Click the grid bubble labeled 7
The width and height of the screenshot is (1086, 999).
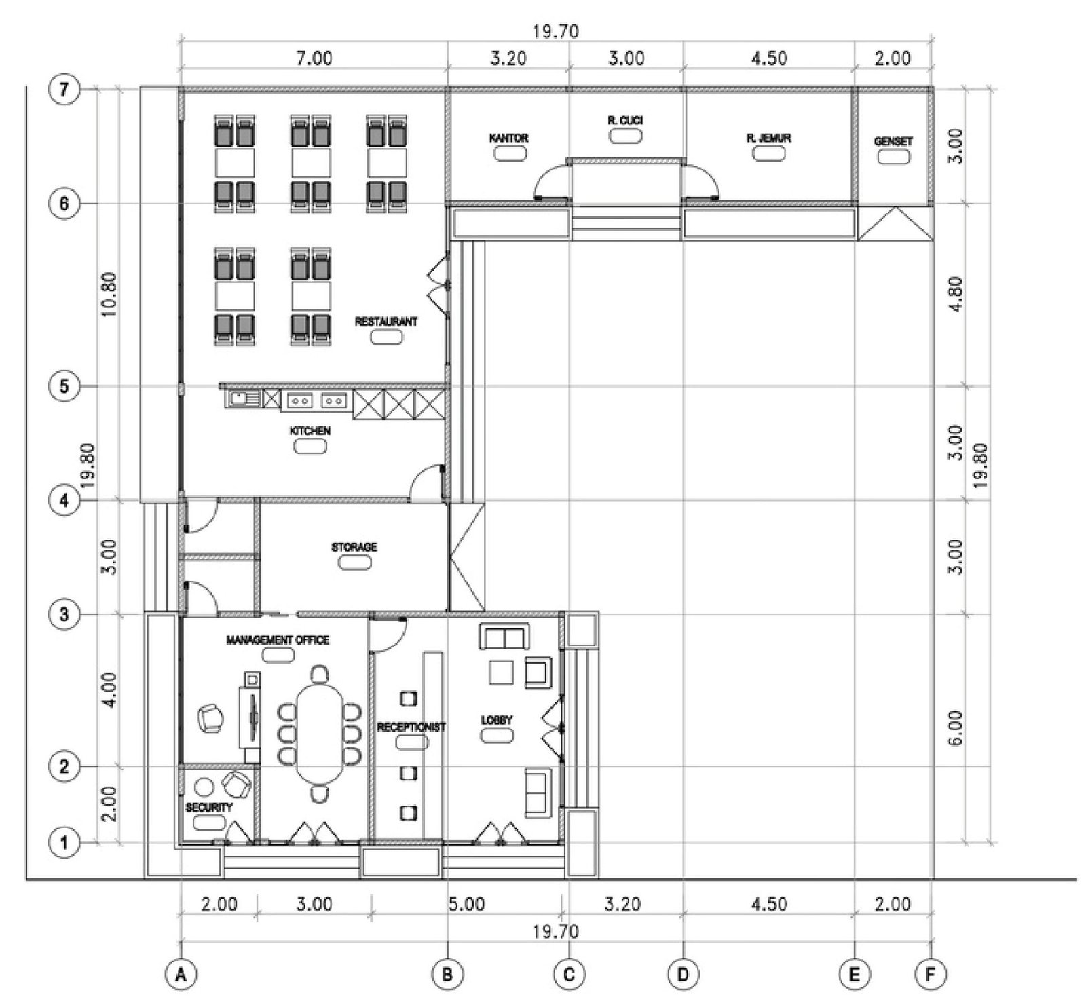[x=64, y=90]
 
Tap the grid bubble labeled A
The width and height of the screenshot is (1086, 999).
[x=181, y=976]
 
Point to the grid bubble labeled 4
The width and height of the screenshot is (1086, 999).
[x=64, y=501]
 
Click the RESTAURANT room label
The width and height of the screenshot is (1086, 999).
[x=386, y=322]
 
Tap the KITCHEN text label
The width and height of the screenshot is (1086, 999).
[x=310, y=431]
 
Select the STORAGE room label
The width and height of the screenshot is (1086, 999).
[x=354, y=547]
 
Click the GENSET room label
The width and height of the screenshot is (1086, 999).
[x=893, y=142]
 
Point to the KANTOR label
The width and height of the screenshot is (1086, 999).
[x=509, y=138]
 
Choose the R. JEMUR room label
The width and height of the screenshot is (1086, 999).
[x=769, y=138]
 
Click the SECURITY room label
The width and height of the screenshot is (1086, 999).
[x=209, y=808]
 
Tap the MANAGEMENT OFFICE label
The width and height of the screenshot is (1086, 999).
[x=278, y=640]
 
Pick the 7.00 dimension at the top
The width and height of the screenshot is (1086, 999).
[x=315, y=58]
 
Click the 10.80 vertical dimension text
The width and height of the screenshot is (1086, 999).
[x=109, y=295]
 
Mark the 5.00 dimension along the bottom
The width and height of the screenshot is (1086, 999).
[x=467, y=904]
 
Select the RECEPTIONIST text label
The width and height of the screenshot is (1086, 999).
[x=411, y=728]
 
